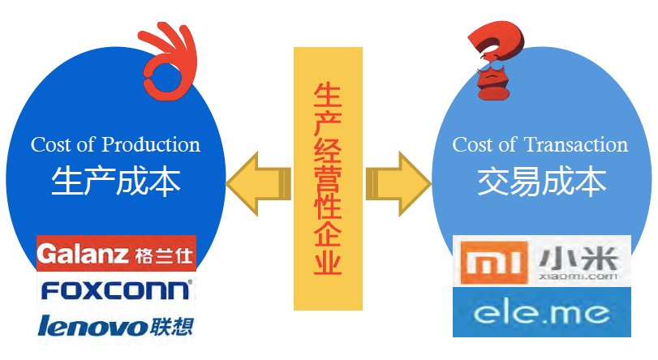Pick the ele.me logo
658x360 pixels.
[542, 313]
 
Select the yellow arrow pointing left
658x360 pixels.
[257, 180]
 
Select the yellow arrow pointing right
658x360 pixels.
[398, 180]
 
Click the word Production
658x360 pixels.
[150, 145]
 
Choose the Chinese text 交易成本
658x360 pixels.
[540, 182]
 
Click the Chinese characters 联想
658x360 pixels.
[172, 326]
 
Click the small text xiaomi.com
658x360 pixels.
[578, 276]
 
